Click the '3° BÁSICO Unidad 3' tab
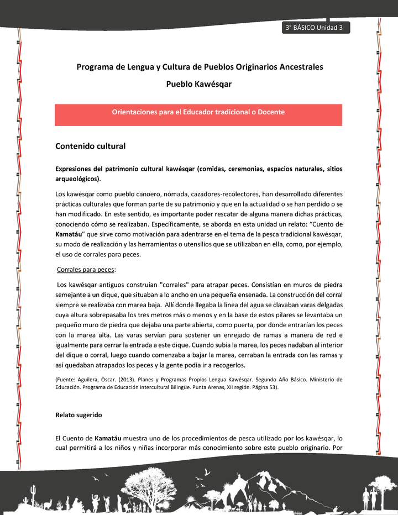315,28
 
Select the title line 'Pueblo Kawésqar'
198,84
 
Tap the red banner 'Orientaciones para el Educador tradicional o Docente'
198,112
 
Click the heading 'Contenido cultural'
90,146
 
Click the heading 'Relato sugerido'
78,414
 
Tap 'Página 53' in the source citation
263,387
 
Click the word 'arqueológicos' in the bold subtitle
77,179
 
